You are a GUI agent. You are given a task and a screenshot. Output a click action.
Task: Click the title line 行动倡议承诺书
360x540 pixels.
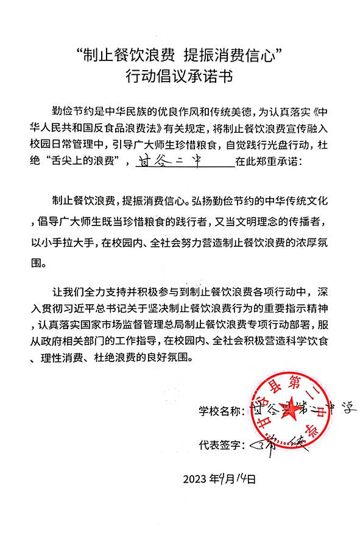pos(180,77)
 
